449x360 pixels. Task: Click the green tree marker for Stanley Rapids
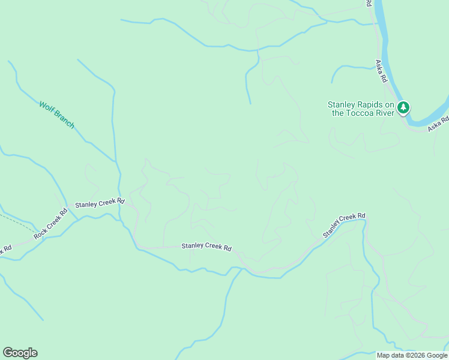point(403,108)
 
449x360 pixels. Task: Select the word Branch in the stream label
point(64,119)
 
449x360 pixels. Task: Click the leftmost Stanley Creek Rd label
point(99,203)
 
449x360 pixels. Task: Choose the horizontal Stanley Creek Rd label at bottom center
point(206,246)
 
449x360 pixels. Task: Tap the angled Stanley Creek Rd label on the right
point(344,224)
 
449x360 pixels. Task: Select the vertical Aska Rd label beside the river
point(381,71)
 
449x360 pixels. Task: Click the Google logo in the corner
point(20,353)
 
